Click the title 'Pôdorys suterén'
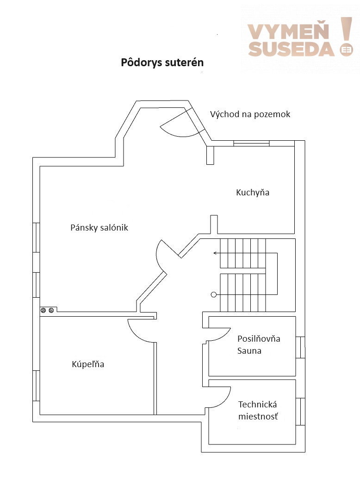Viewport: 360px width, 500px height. point(162,62)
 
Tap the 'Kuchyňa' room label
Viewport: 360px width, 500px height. point(253,192)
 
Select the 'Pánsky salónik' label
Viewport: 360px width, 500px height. point(99,227)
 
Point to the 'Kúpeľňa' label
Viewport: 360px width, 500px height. point(88,364)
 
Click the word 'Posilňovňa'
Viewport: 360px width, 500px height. point(259,338)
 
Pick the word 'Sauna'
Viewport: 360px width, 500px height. point(249,351)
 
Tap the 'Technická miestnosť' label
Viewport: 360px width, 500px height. point(258,410)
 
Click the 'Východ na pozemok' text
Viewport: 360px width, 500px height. point(250,114)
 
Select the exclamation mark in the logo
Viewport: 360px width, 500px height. point(346,37)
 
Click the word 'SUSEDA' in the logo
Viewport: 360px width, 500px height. point(291,49)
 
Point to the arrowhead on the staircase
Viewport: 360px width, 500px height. point(215,253)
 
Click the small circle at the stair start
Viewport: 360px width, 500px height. point(214,294)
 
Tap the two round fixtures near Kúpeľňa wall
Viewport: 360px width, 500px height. point(47,310)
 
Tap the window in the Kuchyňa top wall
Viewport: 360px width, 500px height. point(251,144)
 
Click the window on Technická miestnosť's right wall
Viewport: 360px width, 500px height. point(300,412)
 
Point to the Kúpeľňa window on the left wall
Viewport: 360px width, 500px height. point(36,386)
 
